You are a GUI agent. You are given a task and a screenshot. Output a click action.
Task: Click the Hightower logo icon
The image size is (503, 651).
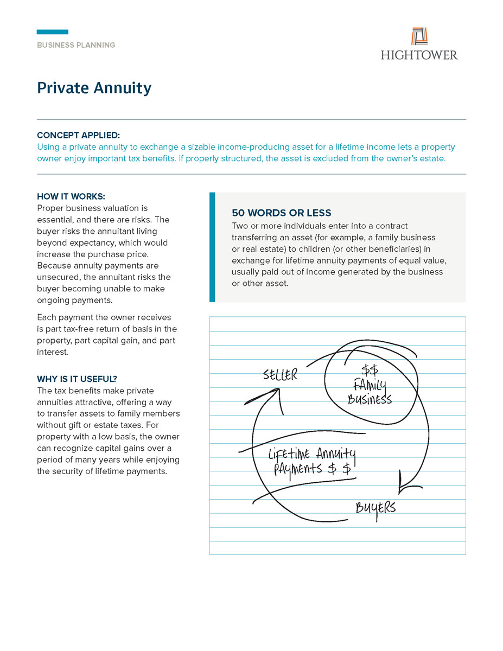click(419, 36)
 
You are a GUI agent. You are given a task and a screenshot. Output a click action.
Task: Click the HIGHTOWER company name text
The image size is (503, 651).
click(419, 55)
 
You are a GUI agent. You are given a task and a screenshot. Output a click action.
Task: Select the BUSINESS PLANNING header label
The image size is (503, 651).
click(76, 45)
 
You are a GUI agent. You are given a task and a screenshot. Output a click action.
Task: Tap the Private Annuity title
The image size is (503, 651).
click(94, 88)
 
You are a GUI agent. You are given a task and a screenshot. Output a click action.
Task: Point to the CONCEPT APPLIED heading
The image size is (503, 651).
click(78, 135)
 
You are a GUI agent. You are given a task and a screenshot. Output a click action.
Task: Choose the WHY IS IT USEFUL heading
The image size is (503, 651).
click(77, 379)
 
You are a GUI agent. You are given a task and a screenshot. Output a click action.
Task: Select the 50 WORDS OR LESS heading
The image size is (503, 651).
click(281, 213)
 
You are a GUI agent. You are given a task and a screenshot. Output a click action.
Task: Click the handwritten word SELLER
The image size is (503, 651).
click(281, 375)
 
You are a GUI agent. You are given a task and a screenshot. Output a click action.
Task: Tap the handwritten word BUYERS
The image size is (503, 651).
click(375, 508)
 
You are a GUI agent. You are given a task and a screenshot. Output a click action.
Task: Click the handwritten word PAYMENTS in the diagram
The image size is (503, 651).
click(298, 469)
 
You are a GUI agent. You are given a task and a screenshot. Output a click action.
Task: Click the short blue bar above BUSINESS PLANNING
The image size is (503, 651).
click(53, 32)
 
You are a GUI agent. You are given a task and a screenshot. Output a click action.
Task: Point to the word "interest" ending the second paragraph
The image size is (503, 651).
click(53, 352)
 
